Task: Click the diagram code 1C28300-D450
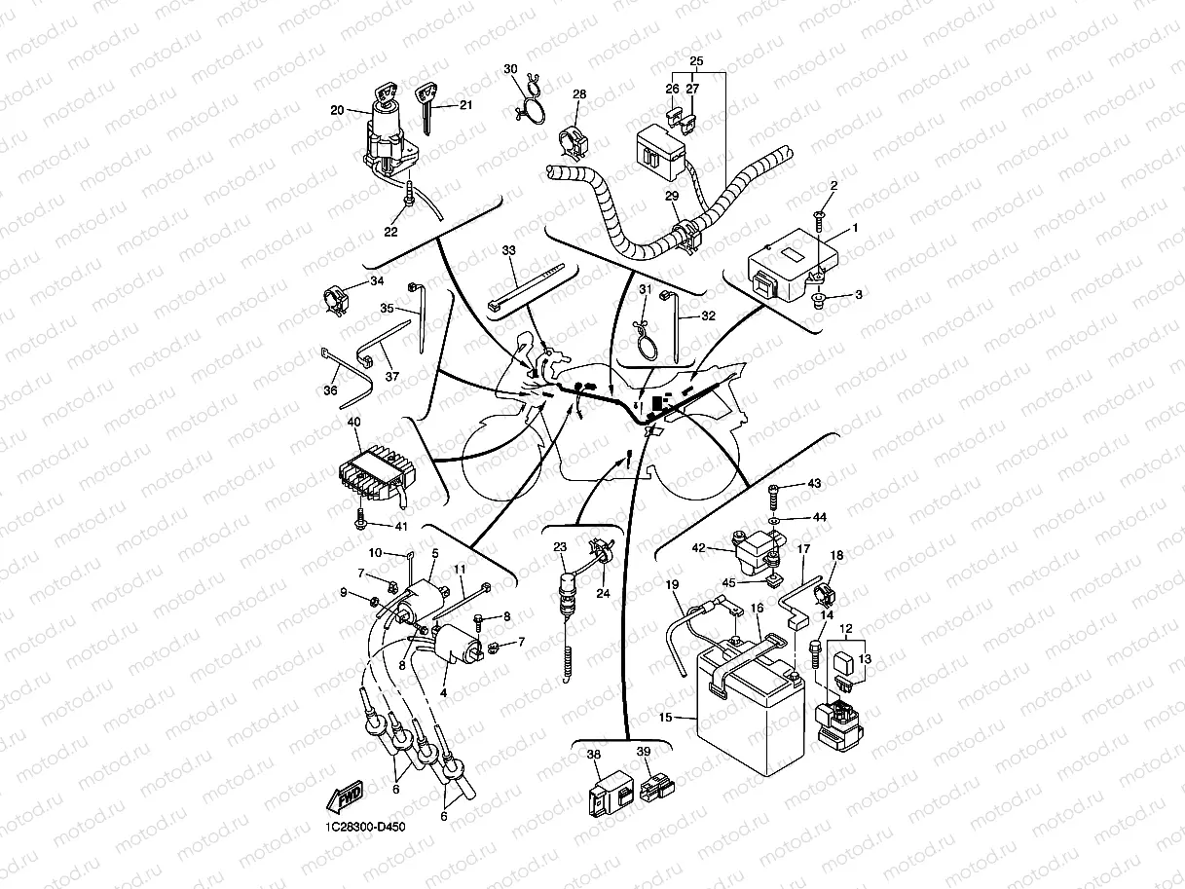(x=365, y=827)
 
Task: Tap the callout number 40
(x=352, y=423)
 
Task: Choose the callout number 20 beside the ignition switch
(x=337, y=110)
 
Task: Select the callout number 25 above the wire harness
(x=695, y=61)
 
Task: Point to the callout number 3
(x=859, y=293)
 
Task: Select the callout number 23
(x=560, y=547)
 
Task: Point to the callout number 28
(x=579, y=94)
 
